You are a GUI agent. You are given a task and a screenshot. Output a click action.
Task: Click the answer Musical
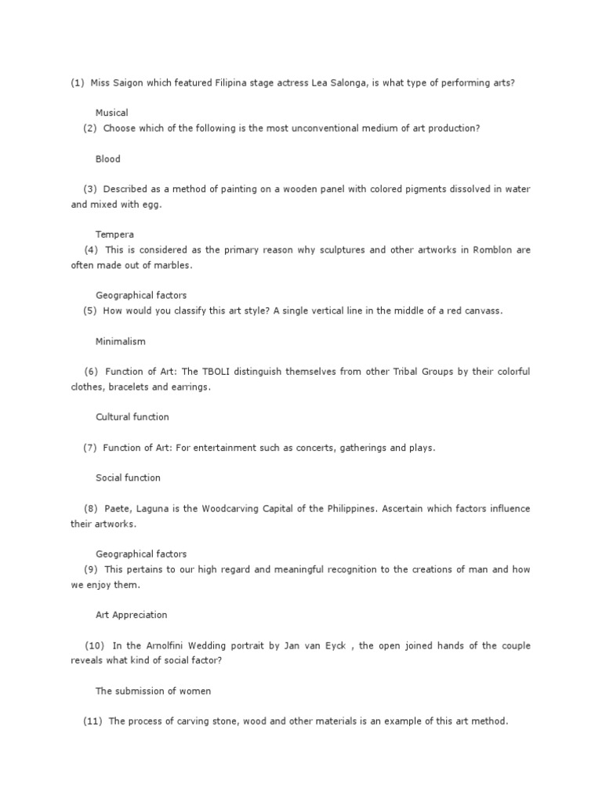111,113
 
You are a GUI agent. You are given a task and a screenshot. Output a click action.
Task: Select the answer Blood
108,159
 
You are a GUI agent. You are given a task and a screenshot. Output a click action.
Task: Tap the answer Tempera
114,234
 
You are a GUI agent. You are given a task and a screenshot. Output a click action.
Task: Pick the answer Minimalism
120,342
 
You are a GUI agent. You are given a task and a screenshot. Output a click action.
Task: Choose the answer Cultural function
132,417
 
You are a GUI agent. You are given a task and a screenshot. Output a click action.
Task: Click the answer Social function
128,478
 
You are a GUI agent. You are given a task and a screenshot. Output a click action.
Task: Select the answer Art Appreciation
131,616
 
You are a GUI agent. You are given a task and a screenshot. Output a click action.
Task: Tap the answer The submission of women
153,692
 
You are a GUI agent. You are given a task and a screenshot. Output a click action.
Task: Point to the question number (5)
89,311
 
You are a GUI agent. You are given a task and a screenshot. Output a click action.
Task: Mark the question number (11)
93,721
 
